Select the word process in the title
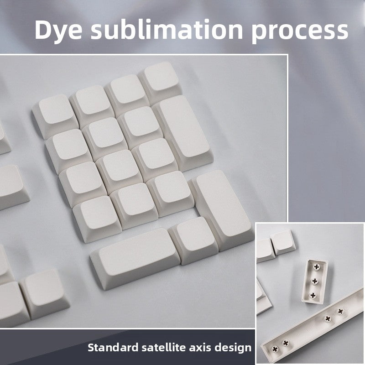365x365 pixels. click(x=302, y=30)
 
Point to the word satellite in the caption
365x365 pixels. click(x=169, y=347)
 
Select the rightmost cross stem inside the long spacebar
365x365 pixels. click(x=339, y=311)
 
